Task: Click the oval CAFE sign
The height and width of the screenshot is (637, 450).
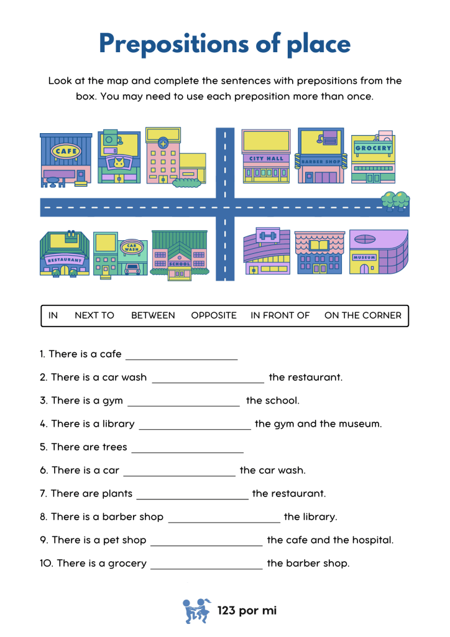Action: (x=65, y=151)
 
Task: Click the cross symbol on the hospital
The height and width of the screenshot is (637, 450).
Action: (x=163, y=143)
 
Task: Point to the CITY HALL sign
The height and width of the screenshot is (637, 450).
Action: (x=266, y=159)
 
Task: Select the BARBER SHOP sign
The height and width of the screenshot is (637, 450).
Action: (x=321, y=162)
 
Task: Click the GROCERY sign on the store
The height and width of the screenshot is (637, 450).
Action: (x=373, y=149)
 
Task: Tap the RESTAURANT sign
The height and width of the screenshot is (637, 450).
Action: (x=64, y=259)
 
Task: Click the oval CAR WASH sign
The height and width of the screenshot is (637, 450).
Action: (x=131, y=248)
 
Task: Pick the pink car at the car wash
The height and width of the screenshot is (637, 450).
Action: (x=132, y=269)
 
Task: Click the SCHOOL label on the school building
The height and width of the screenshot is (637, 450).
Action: (x=179, y=264)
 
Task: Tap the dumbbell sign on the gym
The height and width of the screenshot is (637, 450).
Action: (x=268, y=236)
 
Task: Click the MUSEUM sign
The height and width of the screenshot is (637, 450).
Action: (x=364, y=258)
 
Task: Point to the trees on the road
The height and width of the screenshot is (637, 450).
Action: (x=395, y=201)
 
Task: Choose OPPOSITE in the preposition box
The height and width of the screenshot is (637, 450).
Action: (x=214, y=315)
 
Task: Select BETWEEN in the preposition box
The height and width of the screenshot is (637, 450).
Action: (x=153, y=315)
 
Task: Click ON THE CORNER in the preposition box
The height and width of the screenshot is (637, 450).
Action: (x=362, y=315)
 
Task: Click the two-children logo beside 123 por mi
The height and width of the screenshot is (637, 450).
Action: (x=197, y=610)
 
